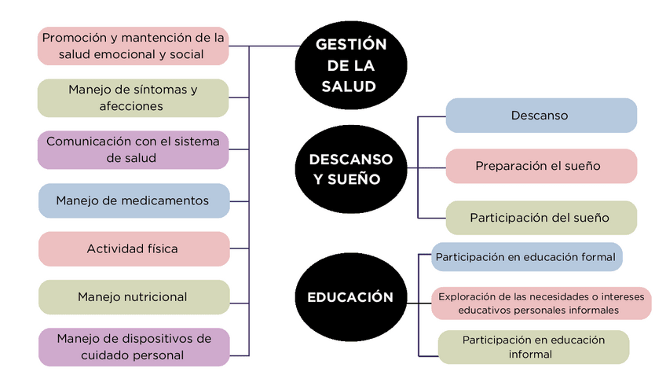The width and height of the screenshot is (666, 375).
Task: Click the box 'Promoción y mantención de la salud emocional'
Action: point(134,46)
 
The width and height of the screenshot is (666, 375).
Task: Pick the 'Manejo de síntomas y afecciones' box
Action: point(134,97)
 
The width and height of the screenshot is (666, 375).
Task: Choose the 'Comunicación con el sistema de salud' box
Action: point(134,149)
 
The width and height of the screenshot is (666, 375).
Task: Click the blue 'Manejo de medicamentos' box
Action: point(134,200)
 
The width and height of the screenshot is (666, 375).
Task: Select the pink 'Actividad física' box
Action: point(134,248)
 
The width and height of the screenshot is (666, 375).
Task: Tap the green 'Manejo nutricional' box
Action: point(134,296)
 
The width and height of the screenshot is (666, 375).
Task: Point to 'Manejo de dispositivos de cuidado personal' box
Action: point(134,347)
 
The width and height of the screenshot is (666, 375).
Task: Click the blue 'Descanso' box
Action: point(540,116)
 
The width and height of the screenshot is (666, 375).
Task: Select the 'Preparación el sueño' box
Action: point(540,166)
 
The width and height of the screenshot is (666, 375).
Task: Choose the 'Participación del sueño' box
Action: point(540,217)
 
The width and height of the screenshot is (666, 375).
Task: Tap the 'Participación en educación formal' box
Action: point(526,257)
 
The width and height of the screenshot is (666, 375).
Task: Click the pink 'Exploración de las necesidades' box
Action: point(540,303)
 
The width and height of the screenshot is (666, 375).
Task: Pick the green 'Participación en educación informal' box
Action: point(533,347)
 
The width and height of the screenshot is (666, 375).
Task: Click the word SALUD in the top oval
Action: point(349,86)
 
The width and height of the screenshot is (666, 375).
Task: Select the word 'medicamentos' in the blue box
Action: point(169,200)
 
